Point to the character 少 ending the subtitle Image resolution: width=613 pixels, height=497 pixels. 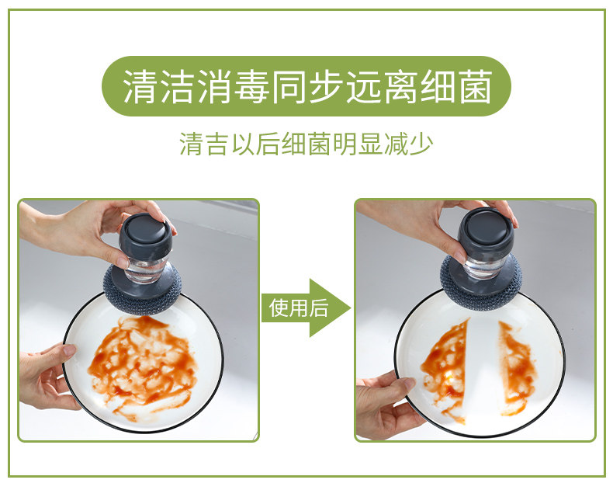421,144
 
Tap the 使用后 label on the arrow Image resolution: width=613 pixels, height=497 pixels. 299,308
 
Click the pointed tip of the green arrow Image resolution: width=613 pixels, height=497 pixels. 351,308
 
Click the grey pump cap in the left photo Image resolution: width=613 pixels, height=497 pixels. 145,237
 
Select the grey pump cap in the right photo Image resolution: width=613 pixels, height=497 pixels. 487,231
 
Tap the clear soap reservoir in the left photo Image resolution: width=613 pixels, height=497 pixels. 145,270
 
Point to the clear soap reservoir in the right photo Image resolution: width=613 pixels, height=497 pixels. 485,267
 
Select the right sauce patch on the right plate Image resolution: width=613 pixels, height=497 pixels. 517,368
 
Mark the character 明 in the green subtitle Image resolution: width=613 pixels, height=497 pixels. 345,144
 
